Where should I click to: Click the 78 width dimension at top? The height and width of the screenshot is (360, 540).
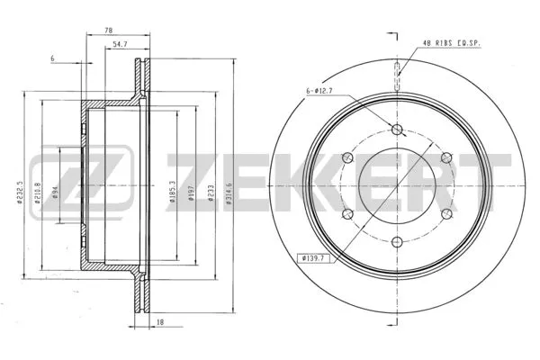click(x=109, y=31)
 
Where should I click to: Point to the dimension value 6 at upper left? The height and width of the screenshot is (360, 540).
click(x=53, y=58)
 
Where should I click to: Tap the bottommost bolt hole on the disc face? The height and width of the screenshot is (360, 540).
click(x=398, y=239)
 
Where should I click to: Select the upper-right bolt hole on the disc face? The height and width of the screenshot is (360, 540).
click(x=445, y=157)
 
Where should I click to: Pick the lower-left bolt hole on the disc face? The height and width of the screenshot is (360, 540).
click(x=350, y=211)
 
